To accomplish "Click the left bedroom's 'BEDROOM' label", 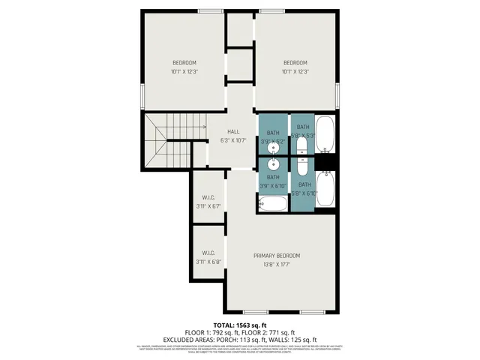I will click(184, 62).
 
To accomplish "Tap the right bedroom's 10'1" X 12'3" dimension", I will click(295, 72).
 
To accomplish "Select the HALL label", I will click(233, 131).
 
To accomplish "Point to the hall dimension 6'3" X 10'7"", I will click(233, 140).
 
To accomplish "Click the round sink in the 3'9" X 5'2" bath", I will click(274, 147).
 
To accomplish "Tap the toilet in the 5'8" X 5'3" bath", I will click(302, 148).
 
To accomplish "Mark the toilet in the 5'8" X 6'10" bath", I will click(302, 166).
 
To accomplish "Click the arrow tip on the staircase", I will click(205, 127).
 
